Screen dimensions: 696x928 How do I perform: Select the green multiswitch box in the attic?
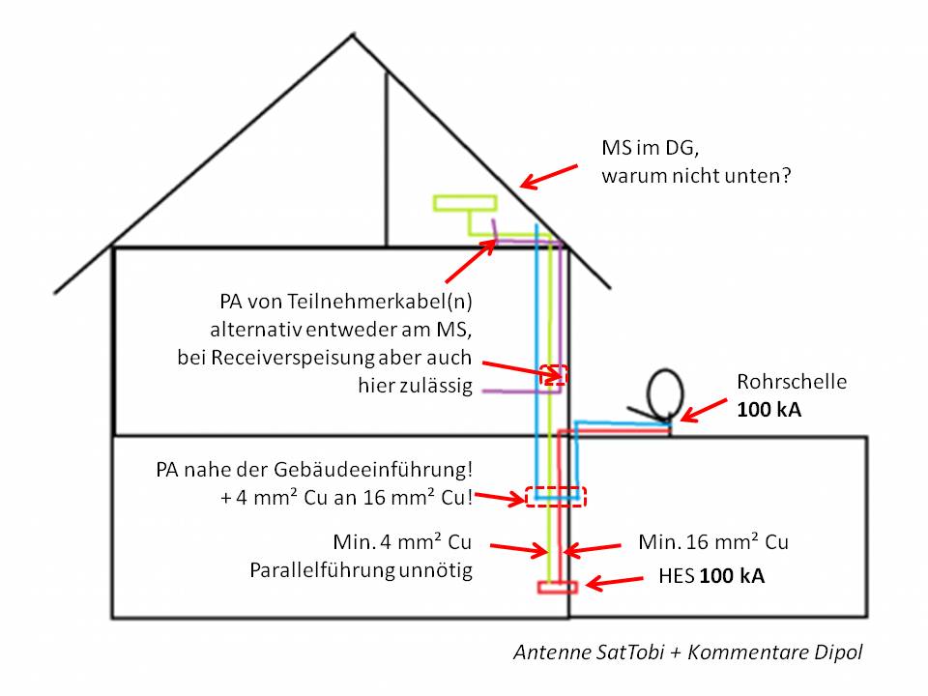[x=465, y=203]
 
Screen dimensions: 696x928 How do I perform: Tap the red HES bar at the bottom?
[x=558, y=587]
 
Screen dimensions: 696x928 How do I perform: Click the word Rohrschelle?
[x=791, y=382]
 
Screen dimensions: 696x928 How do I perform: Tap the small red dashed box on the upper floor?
[x=554, y=374]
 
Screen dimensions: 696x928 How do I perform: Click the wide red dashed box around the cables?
[x=556, y=496]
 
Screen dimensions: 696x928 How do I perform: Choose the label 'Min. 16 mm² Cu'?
[x=713, y=542]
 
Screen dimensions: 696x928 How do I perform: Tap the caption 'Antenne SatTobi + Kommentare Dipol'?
[x=688, y=652]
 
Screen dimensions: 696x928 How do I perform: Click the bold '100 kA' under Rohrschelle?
[x=768, y=410]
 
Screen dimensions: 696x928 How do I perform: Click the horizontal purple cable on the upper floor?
[x=512, y=391]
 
